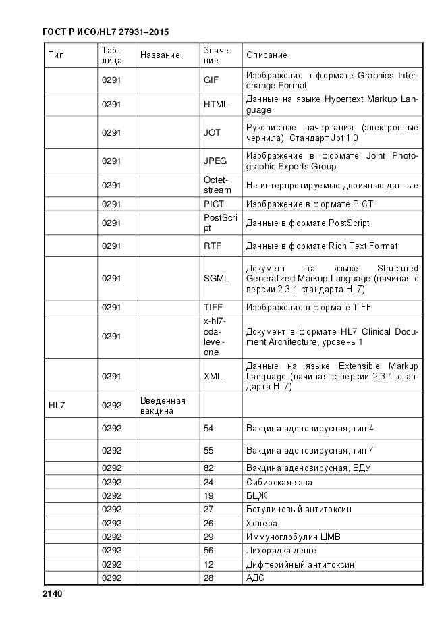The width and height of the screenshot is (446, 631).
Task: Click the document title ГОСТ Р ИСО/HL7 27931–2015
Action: tap(105, 32)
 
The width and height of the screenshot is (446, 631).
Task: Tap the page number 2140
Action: tap(52, 594)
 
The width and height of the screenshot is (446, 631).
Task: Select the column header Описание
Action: tap(267, 55)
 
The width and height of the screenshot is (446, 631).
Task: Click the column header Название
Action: tap(160, 55)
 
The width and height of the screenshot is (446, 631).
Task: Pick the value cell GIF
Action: tap(211, 80)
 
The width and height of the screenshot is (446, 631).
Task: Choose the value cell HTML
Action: tap(216, 105)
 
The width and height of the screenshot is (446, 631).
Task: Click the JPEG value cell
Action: tap(215, 161)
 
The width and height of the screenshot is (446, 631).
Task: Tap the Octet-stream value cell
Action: tap(217, 185)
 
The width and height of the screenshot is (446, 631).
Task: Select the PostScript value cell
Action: tap(220, 223)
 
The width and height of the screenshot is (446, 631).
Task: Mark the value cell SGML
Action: tap(216, 278)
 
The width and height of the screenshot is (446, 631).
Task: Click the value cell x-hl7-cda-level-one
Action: tap(214, 336)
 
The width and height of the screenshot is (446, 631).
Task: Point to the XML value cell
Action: tap(213, 377)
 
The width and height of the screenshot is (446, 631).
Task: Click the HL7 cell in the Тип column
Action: tap(57, 406)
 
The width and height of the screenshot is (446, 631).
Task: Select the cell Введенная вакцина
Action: tap(163, 406)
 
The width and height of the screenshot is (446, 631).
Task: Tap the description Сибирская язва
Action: tap(279, 483)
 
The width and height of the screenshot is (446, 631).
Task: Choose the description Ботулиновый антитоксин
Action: tap(298, 510)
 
